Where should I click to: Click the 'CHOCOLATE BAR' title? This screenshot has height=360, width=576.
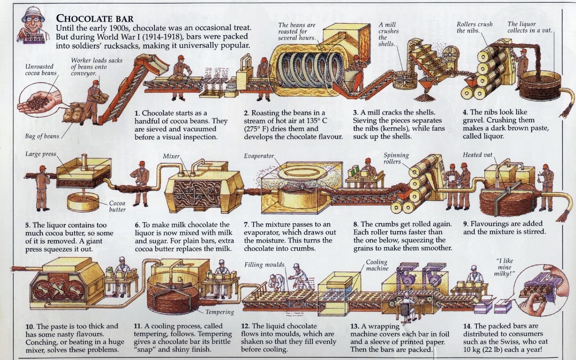(95, 18)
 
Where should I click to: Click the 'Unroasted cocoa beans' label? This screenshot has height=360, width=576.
(39, 70)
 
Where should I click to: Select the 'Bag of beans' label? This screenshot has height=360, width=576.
(42, 136)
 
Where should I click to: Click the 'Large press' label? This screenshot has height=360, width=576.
(40, 154)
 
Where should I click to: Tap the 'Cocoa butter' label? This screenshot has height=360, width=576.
(117, 206)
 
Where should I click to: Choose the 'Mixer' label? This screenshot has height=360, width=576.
(171, 156)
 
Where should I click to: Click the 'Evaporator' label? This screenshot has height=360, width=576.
(259, 156)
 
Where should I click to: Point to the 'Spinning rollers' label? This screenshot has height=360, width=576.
(396, 158)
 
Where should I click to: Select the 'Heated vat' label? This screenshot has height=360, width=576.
(477, 155)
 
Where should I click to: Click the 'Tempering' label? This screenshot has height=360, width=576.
(220, 312)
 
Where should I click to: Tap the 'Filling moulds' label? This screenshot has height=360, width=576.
(264, 265)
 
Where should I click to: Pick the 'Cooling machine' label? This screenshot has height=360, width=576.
(377, 265)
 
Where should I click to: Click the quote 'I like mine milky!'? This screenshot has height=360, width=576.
(505, 267)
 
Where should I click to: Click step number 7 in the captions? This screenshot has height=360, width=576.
(246, 224)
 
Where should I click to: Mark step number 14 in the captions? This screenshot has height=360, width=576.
(467, 326)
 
